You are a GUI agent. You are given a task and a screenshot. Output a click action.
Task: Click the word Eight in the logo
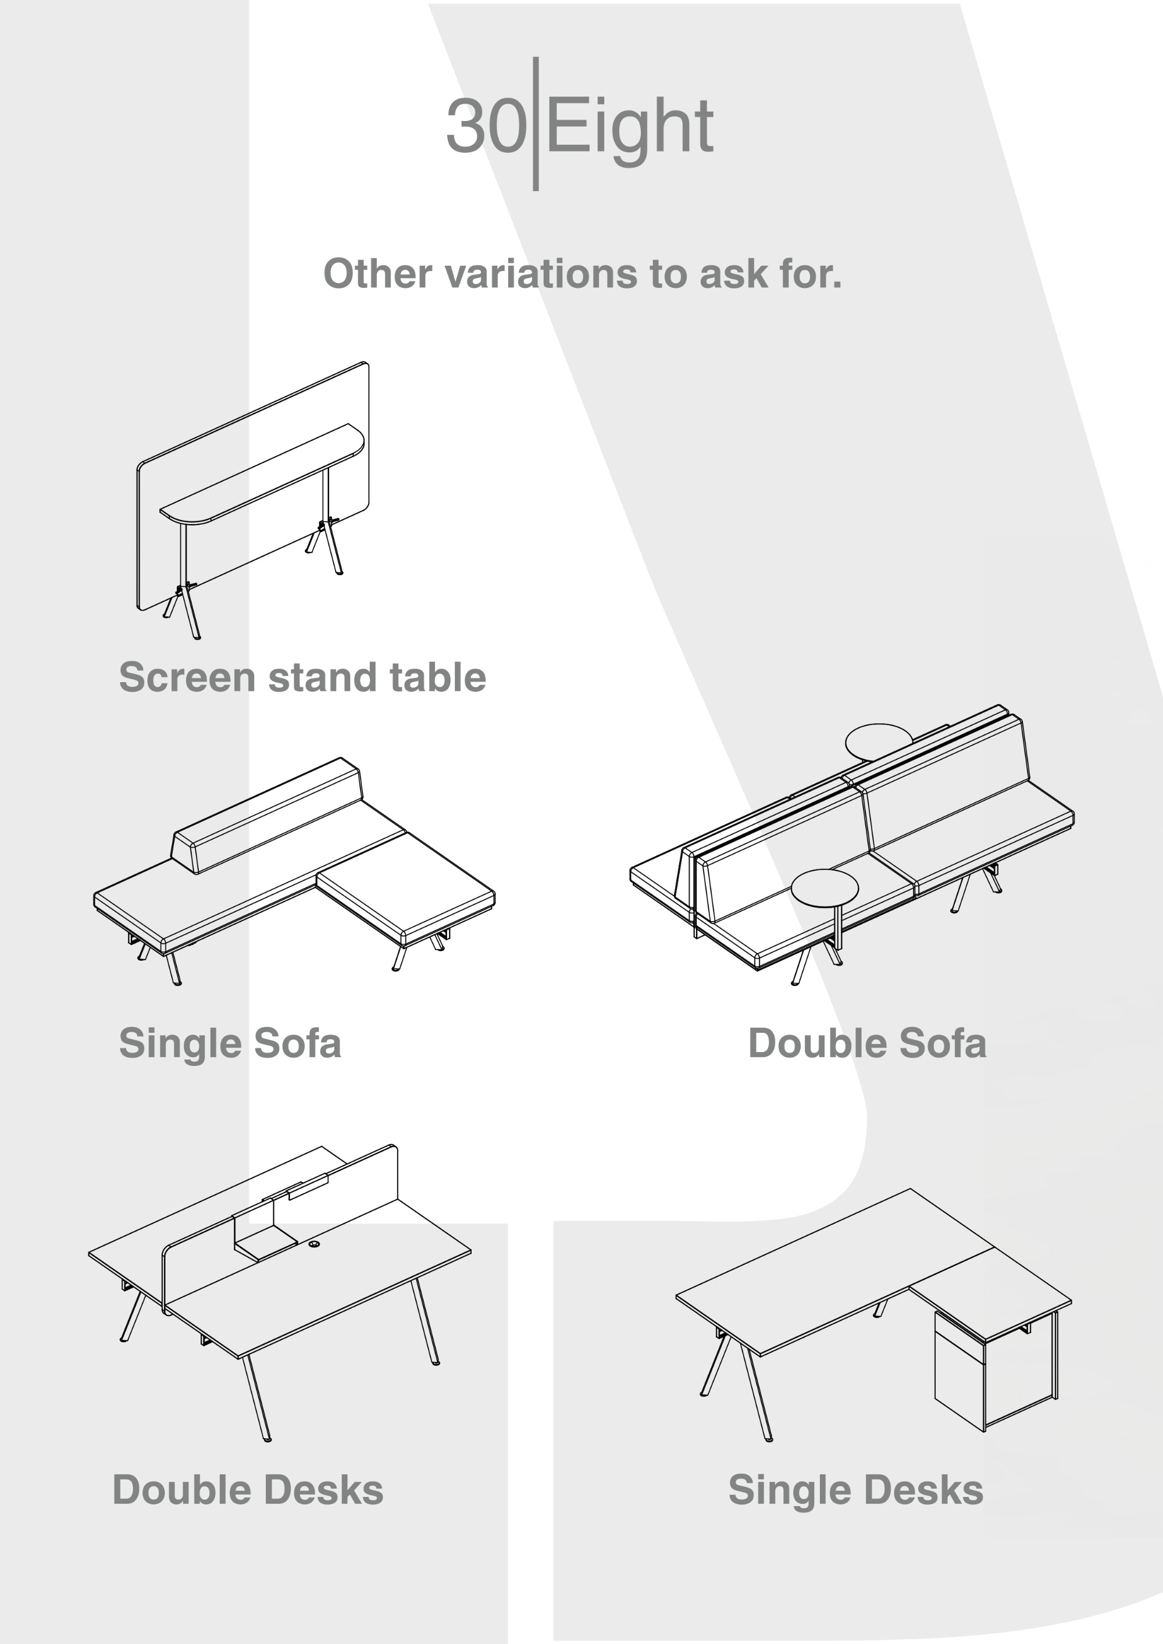pos(630,129)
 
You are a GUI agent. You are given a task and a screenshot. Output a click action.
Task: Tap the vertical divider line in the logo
pos(536,123)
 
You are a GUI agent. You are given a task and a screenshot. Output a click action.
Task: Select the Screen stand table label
pos(302,677)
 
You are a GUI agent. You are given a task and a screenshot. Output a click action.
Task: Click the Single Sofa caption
pos(230,1043)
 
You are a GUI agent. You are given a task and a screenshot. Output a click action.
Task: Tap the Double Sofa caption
pos(867,1043)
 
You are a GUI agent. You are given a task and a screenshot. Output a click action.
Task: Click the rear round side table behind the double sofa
pos(879,741)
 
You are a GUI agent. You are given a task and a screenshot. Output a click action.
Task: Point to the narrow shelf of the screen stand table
pos(262,473)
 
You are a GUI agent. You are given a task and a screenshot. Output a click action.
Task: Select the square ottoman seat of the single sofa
pos(405,888)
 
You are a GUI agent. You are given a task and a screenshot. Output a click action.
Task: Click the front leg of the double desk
pos(256,1397)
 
